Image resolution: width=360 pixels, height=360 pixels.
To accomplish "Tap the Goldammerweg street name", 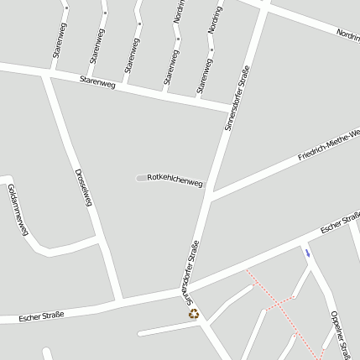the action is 18,209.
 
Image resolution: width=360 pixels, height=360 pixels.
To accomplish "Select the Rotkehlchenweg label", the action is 175,180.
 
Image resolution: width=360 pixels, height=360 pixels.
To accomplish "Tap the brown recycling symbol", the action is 195,313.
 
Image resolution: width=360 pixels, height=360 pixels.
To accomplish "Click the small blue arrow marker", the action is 307,253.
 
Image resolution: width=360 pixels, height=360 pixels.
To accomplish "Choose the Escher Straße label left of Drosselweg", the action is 41,316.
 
